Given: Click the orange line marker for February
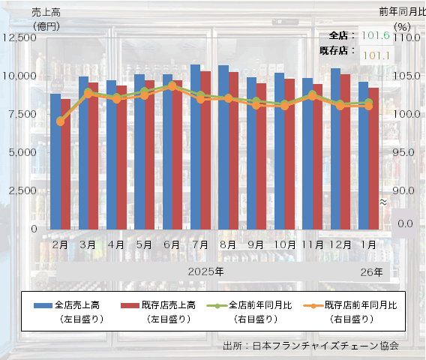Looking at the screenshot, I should [61, 121].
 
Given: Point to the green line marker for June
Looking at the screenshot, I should [172, 85].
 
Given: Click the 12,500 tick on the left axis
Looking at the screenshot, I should [25, 37].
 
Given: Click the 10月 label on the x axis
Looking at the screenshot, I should [284, 245].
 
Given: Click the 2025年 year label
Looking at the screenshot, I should [205, 271].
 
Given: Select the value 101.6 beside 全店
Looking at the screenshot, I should [375, 35].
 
